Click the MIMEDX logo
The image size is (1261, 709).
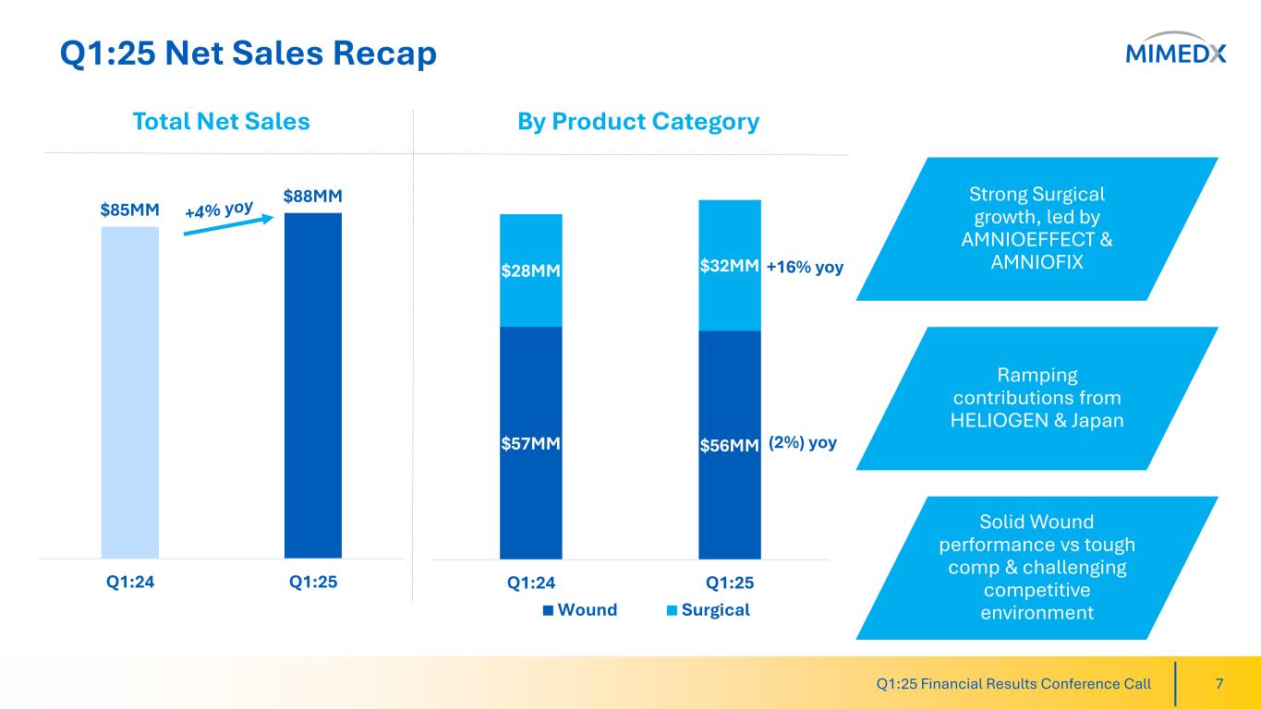(1176, 54)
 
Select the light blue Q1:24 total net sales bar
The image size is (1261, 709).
(130, 392)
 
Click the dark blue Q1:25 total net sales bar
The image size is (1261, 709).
(313, 386)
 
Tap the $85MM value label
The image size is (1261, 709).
(130, 210)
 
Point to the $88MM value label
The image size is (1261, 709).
(313, 197)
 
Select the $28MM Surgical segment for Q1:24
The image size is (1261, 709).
(531, 270)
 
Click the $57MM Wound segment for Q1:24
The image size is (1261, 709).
(531, 443)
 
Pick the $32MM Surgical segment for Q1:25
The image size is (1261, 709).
(730, 266)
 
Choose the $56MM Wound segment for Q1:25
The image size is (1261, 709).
(730, 445)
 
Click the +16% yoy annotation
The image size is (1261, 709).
(805, 268)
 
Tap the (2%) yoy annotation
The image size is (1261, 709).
(803, 443)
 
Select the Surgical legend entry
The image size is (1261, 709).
(709, 609)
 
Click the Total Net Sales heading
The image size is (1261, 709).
(221, 122)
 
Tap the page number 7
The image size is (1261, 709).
(1219, 684)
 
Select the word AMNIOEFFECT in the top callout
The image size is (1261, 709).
(1037, 240)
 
